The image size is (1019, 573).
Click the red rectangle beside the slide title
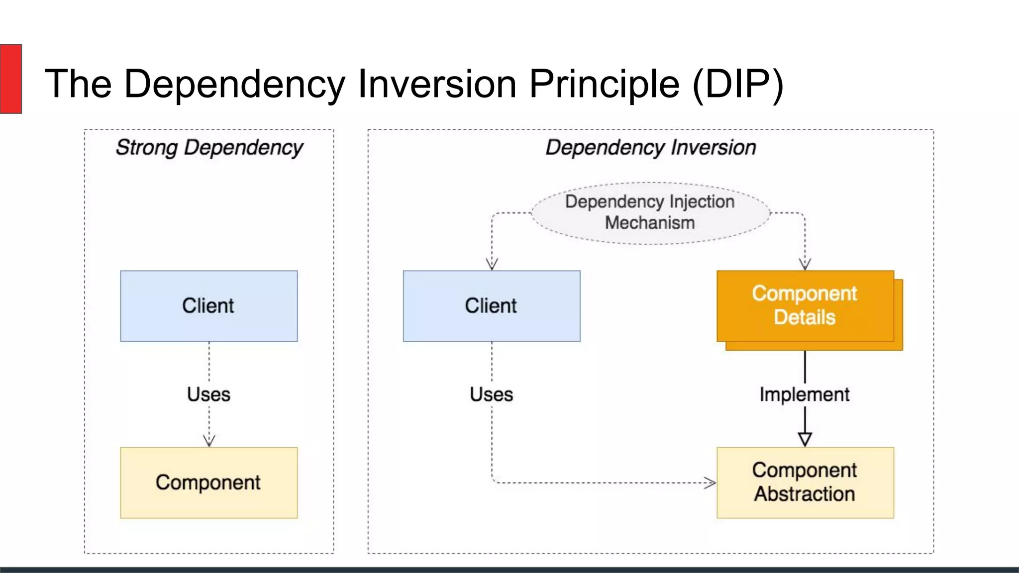10,79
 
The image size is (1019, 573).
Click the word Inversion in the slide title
437,84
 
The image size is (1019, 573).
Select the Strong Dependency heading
209,148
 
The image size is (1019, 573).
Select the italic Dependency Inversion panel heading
650,148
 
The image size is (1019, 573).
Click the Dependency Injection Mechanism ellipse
650,213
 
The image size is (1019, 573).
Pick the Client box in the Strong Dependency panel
208,306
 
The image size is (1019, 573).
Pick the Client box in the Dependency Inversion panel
491,306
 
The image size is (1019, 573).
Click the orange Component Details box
805,306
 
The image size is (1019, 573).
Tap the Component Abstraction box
805,482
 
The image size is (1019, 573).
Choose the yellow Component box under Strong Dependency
208,482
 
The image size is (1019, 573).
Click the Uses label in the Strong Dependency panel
208,394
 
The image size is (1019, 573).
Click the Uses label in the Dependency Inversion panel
491,394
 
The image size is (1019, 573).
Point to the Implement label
804,394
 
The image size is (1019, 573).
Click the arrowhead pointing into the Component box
209,441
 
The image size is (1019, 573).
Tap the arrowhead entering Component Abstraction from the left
710,482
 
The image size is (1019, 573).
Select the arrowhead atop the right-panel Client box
492,264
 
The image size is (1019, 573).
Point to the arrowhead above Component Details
805,264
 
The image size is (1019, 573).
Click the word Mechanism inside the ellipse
649,223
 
